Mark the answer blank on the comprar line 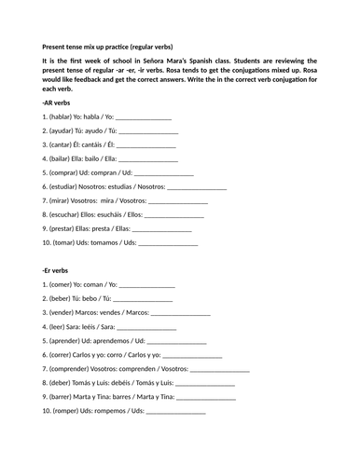(165, 172)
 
